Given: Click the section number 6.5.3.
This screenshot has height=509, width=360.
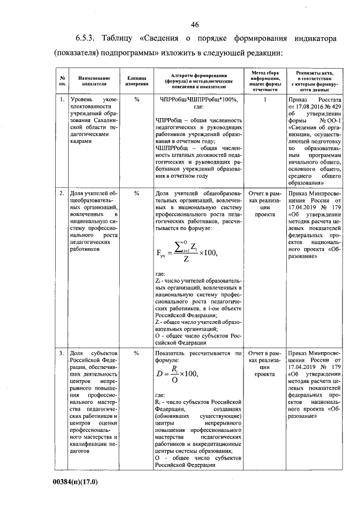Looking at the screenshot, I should click(88, 40).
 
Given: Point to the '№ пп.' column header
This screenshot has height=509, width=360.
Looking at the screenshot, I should click(62, 82).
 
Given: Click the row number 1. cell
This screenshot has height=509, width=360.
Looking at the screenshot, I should click(62, 100).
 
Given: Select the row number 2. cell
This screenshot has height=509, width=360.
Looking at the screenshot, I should click(62, 194).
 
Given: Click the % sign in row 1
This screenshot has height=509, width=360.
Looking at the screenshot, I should click(137, 100).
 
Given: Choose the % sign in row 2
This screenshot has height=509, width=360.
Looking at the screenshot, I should click(137, 194).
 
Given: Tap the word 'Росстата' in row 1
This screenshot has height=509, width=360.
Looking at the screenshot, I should click(325, 100).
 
